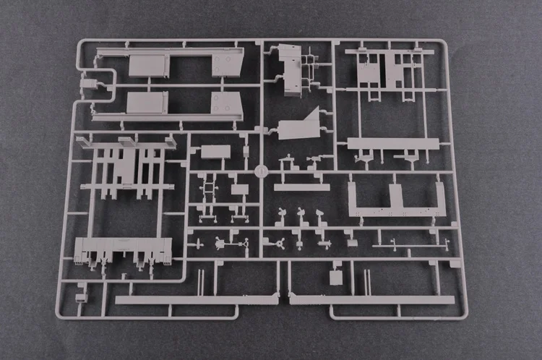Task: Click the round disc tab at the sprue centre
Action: click(261, 173)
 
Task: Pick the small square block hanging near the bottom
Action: click(335, 278)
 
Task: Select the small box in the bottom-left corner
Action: click(81, 296)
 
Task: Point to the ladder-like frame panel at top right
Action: click(387, 72)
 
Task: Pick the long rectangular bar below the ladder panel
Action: click(394, 142)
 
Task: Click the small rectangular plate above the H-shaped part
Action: click(216, 153)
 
